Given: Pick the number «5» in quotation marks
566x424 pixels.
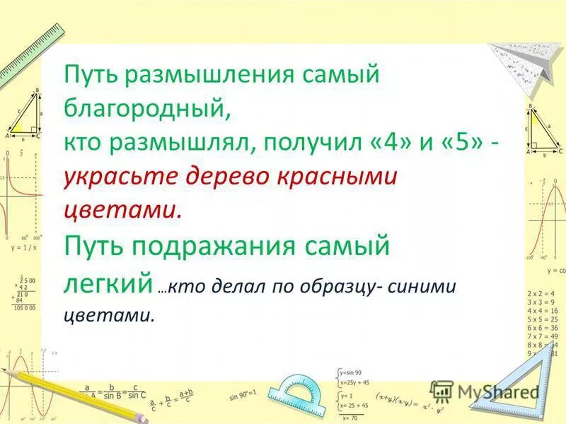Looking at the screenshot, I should click(x=464, y=143).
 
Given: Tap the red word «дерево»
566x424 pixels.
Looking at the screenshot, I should click(x=222, y=177).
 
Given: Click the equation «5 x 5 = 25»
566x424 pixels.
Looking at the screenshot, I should click(x=543, y=319).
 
